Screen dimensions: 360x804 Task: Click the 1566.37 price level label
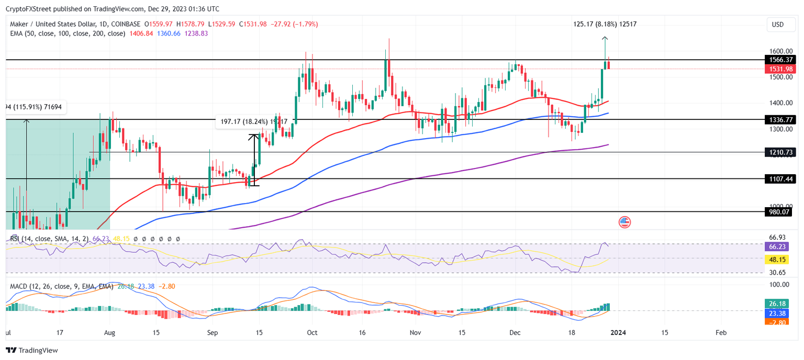point(779,60)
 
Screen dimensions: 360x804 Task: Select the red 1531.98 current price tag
point(779,69)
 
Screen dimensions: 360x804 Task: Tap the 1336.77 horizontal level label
point(779,120)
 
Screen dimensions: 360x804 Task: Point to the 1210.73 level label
point(779,152)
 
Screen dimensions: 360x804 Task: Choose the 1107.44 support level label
point(779,179)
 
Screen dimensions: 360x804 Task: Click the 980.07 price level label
point(779,212)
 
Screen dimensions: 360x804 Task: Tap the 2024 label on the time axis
point(618,332)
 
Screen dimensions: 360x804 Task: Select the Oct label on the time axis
point(312,332)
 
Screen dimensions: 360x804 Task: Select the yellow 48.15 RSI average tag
point(779,260)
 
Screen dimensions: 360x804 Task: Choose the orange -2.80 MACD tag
point(779,322)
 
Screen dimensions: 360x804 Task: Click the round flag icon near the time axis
point(624,221)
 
